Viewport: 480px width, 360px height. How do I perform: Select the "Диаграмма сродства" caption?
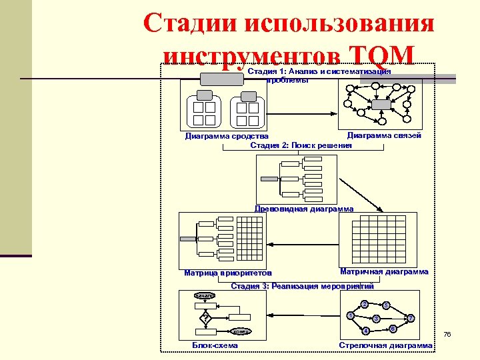point(227,137)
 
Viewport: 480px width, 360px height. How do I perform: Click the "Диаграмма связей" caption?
point(384,135)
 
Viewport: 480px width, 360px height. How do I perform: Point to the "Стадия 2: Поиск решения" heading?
point(301,145)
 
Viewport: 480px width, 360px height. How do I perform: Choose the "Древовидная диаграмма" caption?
point(304,209)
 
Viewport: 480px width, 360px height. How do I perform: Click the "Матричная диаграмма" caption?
point(384,272)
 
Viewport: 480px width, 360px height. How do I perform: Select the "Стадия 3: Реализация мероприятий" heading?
point(302,286)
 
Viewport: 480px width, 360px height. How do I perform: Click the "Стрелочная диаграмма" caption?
point(385,345)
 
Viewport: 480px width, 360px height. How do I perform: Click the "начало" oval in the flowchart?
point(205,295)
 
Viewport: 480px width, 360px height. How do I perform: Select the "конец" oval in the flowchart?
point(241,331)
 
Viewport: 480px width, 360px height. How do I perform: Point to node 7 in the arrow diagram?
point(411,318)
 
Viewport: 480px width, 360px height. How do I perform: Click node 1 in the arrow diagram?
point(350,315)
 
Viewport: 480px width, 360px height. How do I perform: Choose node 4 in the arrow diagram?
point(365,331)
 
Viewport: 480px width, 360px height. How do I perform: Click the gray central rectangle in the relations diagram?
point(381,105)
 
